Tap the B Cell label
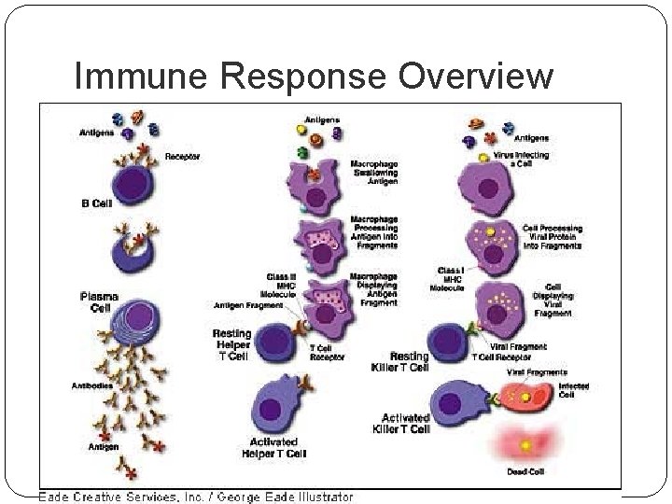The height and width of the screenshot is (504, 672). coord(96,203)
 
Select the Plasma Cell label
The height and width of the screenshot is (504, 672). coord(99,302)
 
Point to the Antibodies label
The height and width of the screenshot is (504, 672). coord(92,385)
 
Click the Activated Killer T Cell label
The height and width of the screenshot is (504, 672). coord(405,423)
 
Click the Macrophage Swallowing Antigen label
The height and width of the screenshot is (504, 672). coord(374,173)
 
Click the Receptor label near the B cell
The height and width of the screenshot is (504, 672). coord(182,157)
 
